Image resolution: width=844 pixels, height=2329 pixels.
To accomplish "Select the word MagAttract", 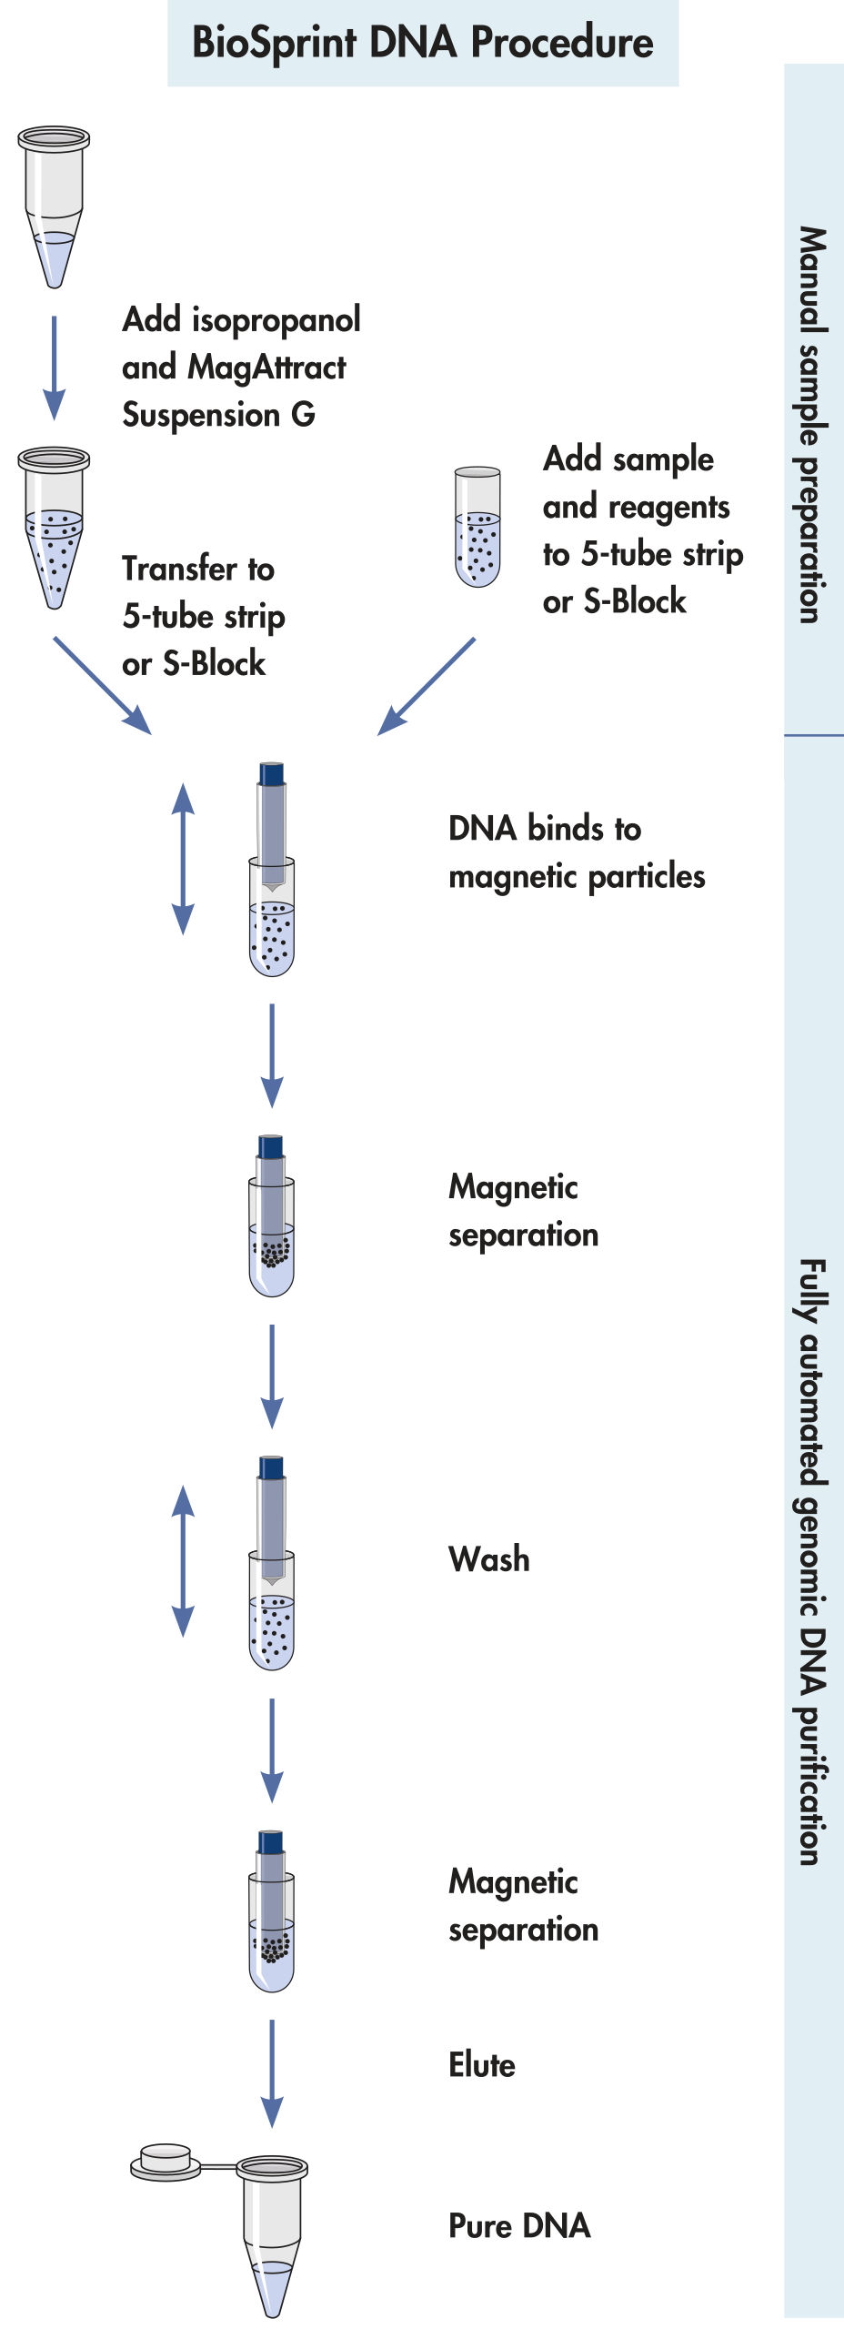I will [x=266, y=368].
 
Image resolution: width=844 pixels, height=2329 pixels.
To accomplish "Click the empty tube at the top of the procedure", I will [x=54, y=205].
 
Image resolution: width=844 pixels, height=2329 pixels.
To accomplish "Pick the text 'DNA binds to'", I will [x=545, y=829].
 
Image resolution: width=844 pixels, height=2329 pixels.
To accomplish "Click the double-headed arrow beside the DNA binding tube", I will [x=184, y=858].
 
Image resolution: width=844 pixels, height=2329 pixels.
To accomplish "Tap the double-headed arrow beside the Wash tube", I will [x=184, y=1561].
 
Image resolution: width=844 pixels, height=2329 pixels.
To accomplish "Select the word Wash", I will [x=488, y=1559].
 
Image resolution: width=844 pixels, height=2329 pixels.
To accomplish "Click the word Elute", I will [x=482, y=2065].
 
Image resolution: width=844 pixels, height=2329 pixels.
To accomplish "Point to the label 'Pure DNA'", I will [x=519, y=2226].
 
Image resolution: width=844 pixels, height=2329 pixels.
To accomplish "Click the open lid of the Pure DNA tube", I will [x=165, y=2162].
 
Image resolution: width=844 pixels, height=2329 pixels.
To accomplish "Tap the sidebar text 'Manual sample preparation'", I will [x=812, y=425].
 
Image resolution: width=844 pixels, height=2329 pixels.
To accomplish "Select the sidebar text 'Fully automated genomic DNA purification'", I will [x=812, y=1561].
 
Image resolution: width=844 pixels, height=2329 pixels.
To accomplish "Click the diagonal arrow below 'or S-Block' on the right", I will [x=426, y=686].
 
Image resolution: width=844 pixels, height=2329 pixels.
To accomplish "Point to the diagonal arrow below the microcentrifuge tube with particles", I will [x=102, y=685].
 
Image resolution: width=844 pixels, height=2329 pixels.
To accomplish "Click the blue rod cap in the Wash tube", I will [x=271, y=1467].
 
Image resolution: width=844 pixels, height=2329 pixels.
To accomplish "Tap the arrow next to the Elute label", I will [x=271, y=2073].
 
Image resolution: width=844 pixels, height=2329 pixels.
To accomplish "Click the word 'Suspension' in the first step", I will [x=201, y=415].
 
